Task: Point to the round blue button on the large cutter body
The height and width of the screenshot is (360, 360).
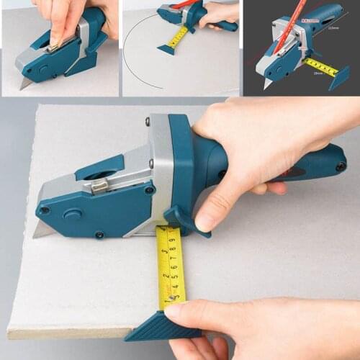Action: (x=72, y=214)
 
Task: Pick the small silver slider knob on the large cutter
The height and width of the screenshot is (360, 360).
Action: (x=99, y=186)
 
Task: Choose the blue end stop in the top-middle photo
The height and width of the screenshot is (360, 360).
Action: (x=166, y=50)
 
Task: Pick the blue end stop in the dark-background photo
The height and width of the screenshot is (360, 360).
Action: (x=339, y=79)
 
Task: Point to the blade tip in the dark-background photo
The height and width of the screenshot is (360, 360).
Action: (x=268, y=84)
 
